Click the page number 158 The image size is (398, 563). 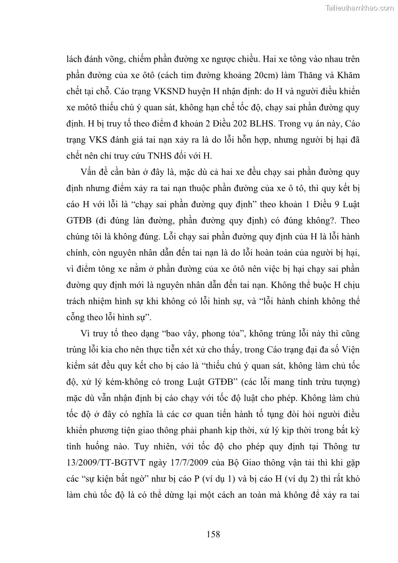tap(213, 534)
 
